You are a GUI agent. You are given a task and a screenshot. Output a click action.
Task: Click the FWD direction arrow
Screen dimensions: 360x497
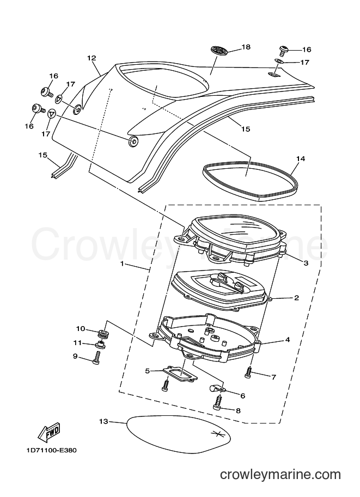49,432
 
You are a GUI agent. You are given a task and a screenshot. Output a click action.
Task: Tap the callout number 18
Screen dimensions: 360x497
246,47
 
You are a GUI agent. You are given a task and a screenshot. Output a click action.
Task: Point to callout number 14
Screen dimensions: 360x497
301,158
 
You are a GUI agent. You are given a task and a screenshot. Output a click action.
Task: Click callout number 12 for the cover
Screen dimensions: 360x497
91,58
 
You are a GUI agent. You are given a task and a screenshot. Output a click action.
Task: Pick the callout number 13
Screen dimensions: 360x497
103,421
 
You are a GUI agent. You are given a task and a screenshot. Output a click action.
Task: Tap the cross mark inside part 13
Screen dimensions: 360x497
218,434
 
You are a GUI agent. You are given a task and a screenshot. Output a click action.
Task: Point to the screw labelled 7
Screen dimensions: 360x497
247,371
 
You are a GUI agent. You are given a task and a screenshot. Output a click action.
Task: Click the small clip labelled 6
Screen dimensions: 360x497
217,388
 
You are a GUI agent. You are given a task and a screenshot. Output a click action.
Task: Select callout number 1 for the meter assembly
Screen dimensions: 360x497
122,263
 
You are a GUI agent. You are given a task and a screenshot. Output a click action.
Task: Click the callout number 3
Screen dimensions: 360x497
306,263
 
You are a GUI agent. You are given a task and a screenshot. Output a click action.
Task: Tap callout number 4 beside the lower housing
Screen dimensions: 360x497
288,340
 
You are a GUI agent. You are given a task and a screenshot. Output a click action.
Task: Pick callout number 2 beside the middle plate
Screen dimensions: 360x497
296,298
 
